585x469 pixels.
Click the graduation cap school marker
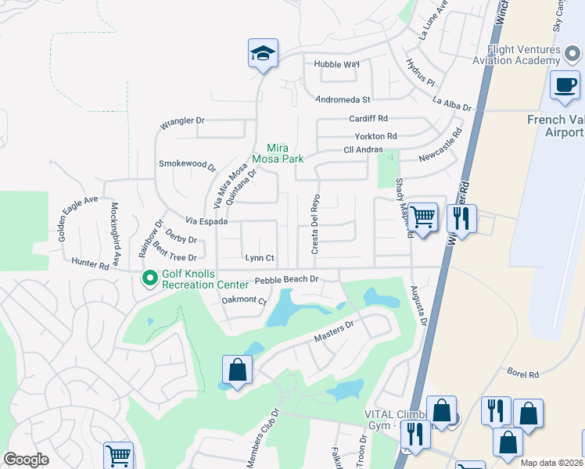(x=264, y=54)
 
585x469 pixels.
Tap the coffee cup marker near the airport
(x=565, y=85)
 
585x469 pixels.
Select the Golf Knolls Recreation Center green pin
(x=149, y=277)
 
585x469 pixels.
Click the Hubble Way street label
(x=337, y=64)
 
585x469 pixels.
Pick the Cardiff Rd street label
(x=368, y=119)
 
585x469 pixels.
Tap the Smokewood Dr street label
(x=187, y=164)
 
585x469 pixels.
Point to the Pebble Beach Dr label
(x=287, y=279)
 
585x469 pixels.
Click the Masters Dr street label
(x=334, y=330)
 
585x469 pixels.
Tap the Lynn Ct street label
(x=260, y=257)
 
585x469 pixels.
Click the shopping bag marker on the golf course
(x=237, y=371)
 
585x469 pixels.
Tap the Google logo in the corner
(x=26, y=460)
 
